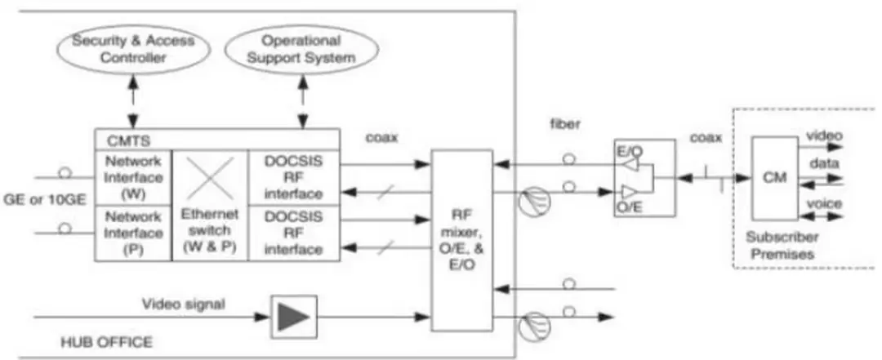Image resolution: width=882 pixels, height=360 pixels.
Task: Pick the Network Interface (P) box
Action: click(133, 231)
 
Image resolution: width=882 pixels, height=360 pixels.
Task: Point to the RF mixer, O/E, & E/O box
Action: click(461, 240)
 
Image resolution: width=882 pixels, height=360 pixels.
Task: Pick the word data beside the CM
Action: click(820, 164)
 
